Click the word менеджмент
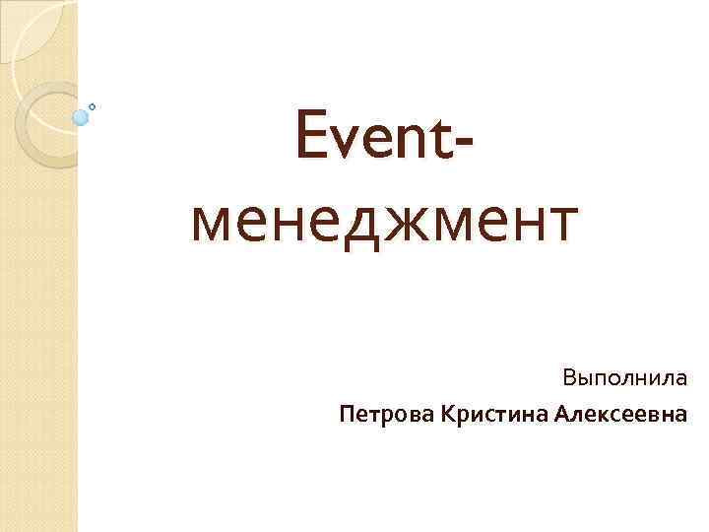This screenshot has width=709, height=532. tap(381, 223)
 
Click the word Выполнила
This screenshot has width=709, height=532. tap(625, 378)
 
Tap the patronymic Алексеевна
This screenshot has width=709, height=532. tap(620, 414)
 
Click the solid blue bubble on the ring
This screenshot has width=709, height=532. tap(80, 117)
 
